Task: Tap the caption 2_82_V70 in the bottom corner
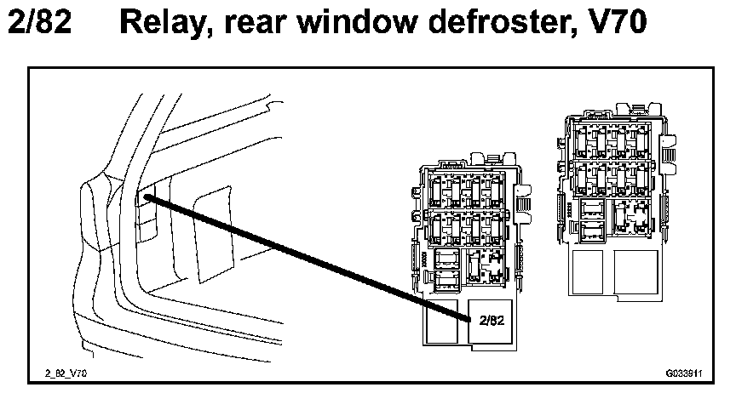68,372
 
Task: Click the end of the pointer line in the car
149,198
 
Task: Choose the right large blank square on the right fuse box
636,272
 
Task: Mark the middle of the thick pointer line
308,259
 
